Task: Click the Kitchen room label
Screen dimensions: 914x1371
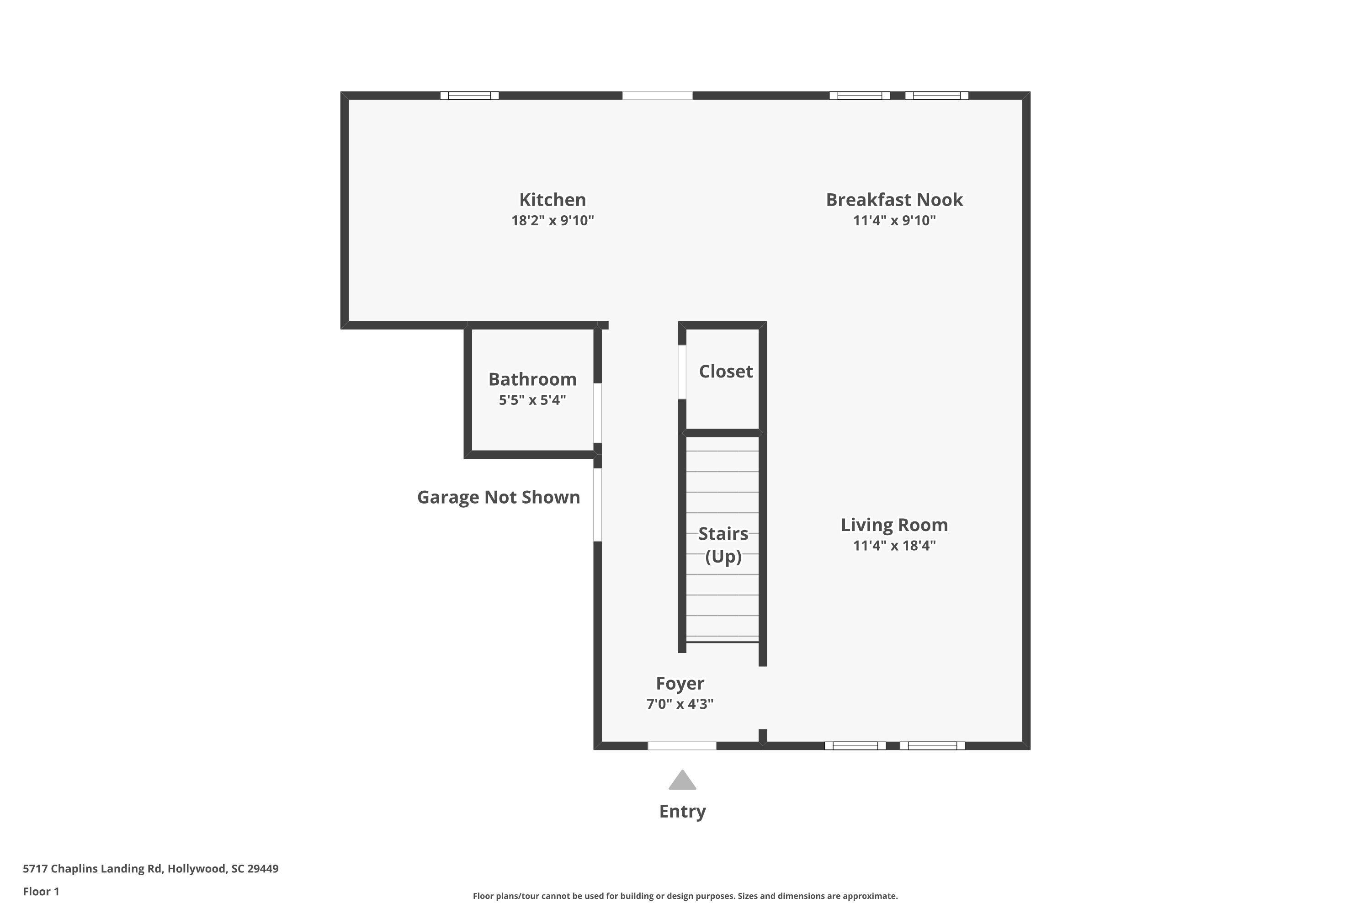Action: pyautogui.click(x=552, y=200)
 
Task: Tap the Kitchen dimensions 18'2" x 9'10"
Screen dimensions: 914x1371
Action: pyautogui.click(x=552, y=221)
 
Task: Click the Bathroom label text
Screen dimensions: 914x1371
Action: pyautogui.click(x=532, y=379)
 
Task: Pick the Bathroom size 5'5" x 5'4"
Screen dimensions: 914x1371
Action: pyautogui.click(x=532, y=400)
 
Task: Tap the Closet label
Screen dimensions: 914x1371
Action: pyautogui.click(x=725, y=371)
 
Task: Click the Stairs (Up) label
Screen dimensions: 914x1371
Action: pyautogui.click(x=723, y=545)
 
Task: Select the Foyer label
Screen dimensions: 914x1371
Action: pyautogui.click(x=680, y=683)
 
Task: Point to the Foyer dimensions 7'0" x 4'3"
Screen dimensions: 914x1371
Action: pyautogui.click(x=680, y=704)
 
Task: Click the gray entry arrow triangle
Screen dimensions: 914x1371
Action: pyautogui.click(x=682, y=781)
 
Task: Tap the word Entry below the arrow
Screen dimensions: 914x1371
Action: pyautogui.click(x=682, y=812)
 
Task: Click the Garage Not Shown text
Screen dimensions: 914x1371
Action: pyautogui.click(x=499, y=497)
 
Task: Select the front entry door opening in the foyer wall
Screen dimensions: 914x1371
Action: pyautogui.click(x=681, y=745)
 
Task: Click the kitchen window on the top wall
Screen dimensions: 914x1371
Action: pyautogui.click(x=469, y=96)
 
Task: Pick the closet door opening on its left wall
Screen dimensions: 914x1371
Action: pyautogui.click(x=681, y=372)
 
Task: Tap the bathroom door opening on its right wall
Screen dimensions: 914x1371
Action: pyautogui.click(x=597, y=413)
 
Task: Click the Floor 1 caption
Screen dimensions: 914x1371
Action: pyautogui.click(x=41, y=891)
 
